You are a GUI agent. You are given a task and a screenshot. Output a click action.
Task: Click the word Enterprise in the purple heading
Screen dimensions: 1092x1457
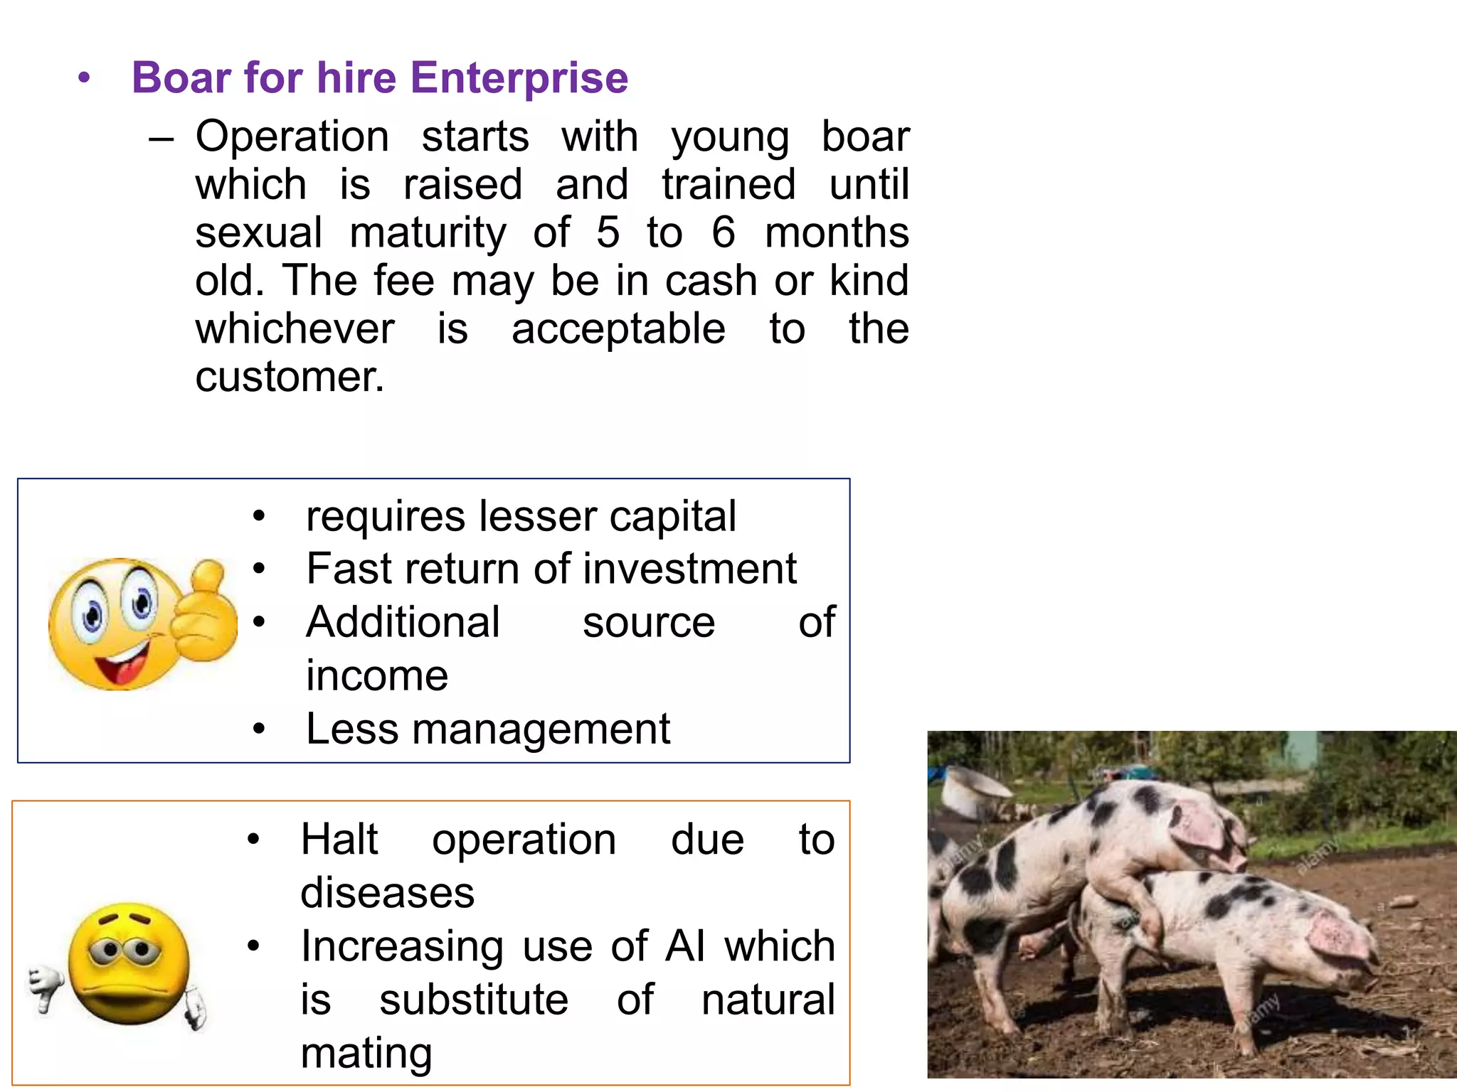(519, 77)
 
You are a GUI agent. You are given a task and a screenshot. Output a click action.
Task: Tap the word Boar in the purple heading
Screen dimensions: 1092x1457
(181, 77)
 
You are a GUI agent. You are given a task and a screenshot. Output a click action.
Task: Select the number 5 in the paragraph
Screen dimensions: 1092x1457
(608, 232)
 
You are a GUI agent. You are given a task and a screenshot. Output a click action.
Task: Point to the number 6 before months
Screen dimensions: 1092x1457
(724, 232)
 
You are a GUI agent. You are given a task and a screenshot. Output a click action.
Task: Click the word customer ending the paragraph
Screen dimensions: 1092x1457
(290, 377)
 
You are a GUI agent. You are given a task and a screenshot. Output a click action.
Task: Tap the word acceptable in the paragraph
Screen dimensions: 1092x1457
(618, 329)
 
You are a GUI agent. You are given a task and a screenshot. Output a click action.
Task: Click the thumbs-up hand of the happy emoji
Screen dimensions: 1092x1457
(203, 611)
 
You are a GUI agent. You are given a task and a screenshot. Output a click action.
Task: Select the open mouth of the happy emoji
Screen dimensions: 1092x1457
(122, 665)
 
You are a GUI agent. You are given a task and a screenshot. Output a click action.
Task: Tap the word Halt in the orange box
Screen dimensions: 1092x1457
(339, 840)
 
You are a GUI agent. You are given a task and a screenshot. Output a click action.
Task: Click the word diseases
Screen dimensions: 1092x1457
(387, 893)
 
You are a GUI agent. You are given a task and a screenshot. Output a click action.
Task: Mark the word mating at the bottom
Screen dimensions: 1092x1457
(366, 1054)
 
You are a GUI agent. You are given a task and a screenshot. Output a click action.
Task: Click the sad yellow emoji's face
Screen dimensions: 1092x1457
(129, 963)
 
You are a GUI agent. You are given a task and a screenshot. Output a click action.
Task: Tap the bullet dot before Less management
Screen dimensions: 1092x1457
(259, 729)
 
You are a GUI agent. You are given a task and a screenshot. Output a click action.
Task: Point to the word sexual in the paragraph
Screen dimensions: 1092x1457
(259, 232)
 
